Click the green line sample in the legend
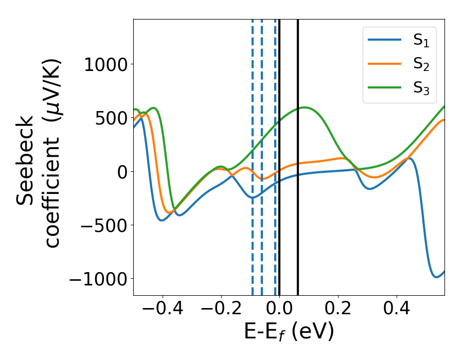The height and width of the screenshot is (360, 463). coord(384,87)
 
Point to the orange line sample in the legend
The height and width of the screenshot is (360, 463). coord(384,64)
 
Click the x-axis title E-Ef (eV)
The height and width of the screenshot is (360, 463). coord(289,332)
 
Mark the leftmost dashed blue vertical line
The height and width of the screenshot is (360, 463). coord(253,154)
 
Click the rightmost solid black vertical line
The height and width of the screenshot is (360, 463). coord(298,154)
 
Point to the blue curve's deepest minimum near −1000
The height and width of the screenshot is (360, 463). coord(436,277)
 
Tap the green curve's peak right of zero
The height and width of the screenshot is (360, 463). coord(305,107)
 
